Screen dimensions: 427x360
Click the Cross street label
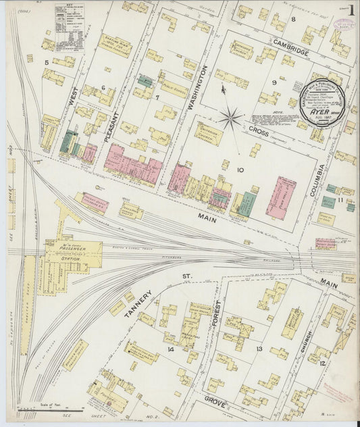[259, 134]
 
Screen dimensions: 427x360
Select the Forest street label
[217, 314]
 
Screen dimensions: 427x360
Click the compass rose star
[230, 119]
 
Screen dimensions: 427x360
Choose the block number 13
[259, 349]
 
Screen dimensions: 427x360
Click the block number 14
[171, 349]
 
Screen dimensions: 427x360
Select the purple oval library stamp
[345, 24]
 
